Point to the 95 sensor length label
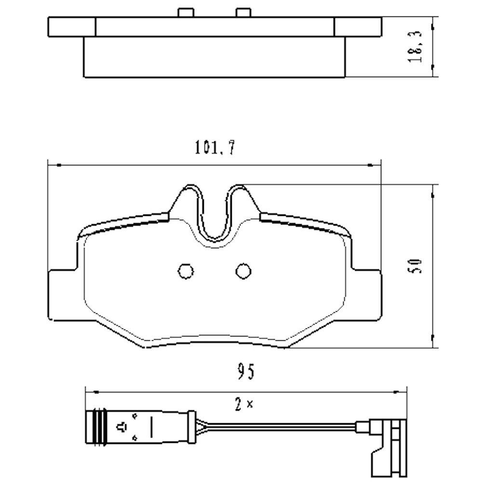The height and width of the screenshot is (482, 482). coord(246,372)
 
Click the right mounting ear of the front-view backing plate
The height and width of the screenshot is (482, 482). coord(367,294)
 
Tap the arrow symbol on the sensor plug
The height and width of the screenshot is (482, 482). coord(122,426)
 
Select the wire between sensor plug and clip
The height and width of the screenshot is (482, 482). coord(280,426)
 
